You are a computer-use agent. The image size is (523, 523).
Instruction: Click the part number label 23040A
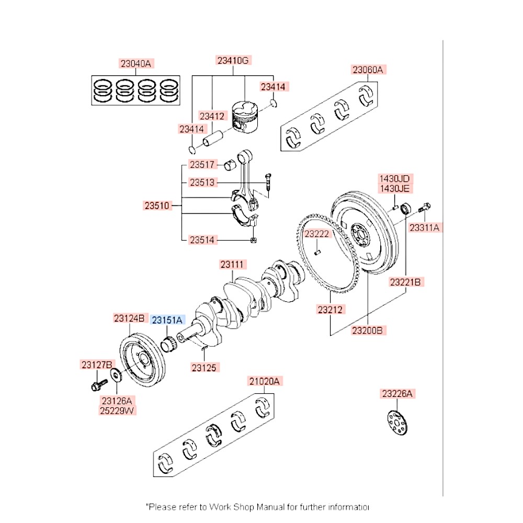tap(135, 64)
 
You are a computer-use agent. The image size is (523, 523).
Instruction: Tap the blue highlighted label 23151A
tap(167, 320)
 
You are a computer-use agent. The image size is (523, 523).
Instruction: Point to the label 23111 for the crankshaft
tap(233, 265)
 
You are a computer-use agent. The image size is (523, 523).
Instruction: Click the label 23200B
tap(368, 330)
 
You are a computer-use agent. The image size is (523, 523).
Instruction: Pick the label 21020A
tap(265, 382)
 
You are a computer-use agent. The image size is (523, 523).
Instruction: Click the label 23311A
tap(425, 228)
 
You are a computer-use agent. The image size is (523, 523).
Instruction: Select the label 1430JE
tap(394, 188)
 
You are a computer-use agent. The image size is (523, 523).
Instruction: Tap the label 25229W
tap(117, 411)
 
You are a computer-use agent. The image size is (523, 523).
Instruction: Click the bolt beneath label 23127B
tap(97, 386)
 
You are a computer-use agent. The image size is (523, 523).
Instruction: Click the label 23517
tap(202, 165)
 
